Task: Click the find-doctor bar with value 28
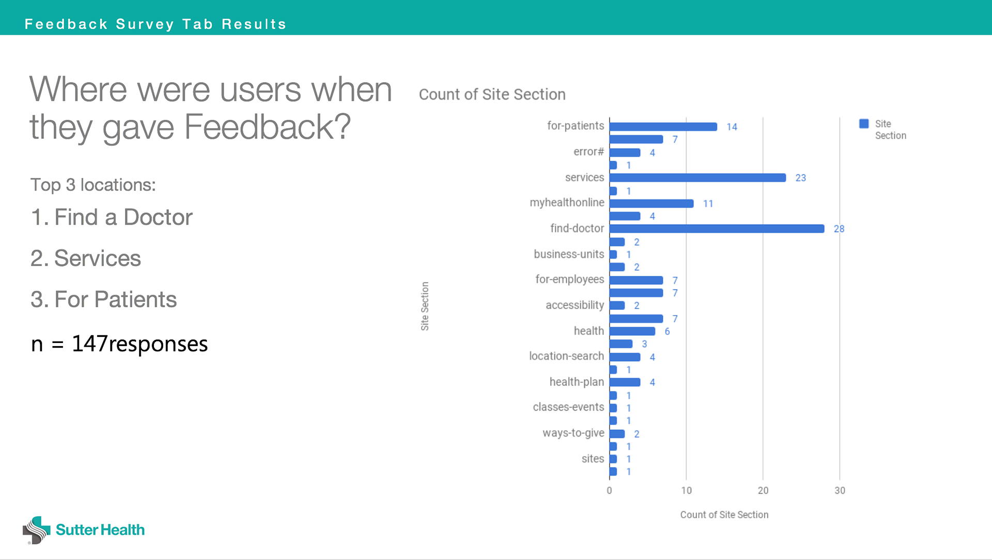[x=717, y=228]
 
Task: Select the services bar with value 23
[x=698, y=178]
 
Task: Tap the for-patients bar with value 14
[x=663, y=127]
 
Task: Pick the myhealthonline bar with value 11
[x=651, y=204]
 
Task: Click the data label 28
[x=839, y=229]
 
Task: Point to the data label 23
[x=800, y=178]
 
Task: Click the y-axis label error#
[x=588, y=152]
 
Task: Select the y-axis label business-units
[x=568, y=254]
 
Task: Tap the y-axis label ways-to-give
[x=573, y=433]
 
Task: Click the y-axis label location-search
[x=566, y=356]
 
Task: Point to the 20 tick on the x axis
[x=763, y=490]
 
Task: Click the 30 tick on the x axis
[x=840, y=490]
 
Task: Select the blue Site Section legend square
[x=863, y=123]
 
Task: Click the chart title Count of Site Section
[x=492, y=95]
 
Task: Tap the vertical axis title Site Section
[x=425, y=306]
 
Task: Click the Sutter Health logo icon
[x=36, y=530]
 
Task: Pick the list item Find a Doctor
[x=123, y=217]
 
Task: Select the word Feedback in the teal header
[x=66, y=24]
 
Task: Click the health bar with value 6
[x=632, y=331]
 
